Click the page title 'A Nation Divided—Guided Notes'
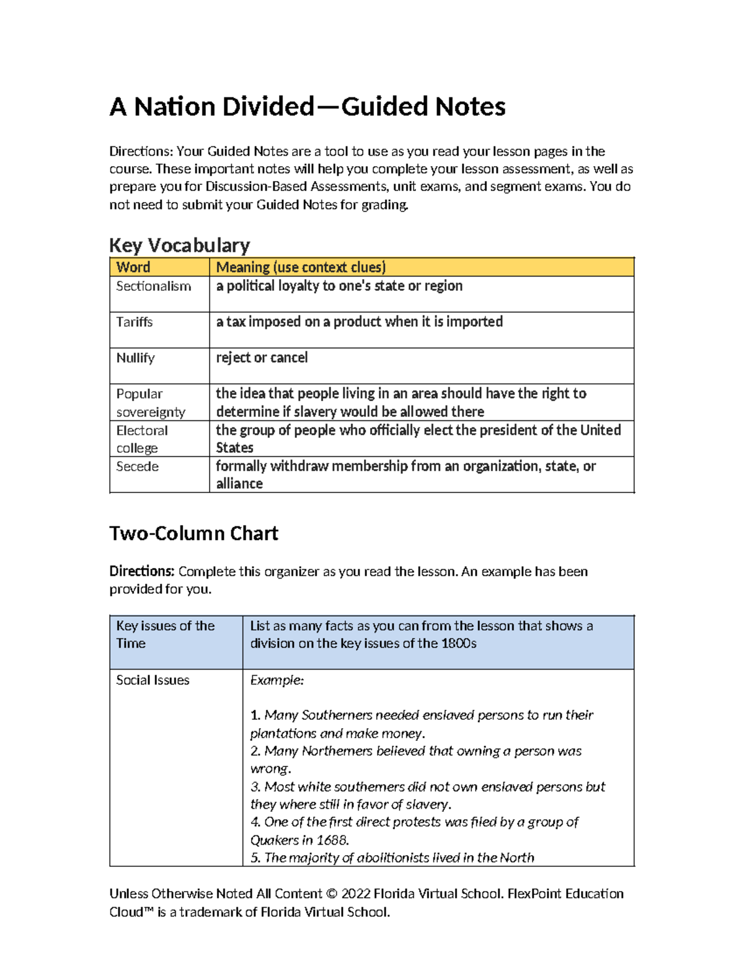click(308, 107)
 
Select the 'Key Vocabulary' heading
click(179, 246)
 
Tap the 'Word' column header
click(133, 267)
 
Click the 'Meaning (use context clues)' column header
click(301, 267)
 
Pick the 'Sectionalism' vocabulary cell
click(153, 286)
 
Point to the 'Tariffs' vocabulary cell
click(135, 322)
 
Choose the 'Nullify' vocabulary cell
click(135, 358)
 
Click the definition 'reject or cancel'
click(262, 358)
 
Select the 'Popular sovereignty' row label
click(151, 403)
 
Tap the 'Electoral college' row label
click(142, 439)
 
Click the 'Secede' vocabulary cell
click(137, 467)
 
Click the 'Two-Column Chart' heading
click(193, 534)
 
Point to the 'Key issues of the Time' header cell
click(165, 634)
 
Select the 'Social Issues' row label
click(153, 680)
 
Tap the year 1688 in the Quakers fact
click(332, 840)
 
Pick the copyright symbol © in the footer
click(331, 894)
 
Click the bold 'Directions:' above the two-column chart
click(141, 572)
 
